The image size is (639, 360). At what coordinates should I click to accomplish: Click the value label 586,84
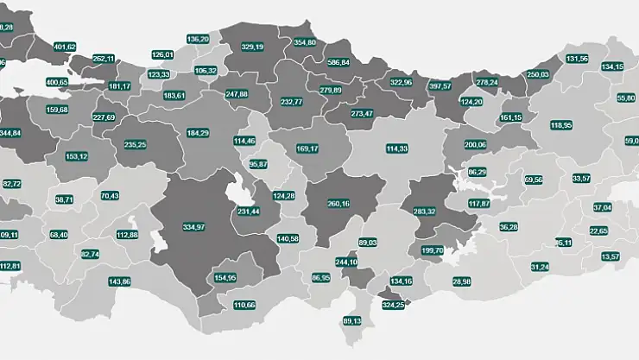tap(338, 63)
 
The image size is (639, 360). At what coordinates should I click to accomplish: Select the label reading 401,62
tap(65, 47)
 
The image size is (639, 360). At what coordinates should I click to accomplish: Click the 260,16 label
tap(339, 204)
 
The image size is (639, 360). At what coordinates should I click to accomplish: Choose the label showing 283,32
tap(424, 212)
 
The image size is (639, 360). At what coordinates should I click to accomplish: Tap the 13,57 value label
tap(611, 256)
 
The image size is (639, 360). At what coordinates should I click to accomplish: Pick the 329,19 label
tap(251, 46)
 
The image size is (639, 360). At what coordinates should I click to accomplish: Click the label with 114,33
tap(397, 148)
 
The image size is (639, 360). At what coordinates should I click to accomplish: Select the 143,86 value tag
tap(119, 281)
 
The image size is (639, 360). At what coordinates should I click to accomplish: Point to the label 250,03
tap(538, 74)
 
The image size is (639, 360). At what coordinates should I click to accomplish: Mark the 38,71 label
tap(65, 199)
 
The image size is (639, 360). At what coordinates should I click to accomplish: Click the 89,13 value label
tap(351, 321)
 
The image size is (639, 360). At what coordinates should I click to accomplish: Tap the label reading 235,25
tap(135, 145)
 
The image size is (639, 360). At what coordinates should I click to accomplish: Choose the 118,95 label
tap(561, 125)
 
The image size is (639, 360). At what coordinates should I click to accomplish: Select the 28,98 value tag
tap(461, 281)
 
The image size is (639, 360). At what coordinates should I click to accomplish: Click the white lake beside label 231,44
tap(235, 190)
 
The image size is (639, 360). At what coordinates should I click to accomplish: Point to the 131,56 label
tap(577, 59)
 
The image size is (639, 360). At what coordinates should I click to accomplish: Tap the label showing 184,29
tap(198, 132)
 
